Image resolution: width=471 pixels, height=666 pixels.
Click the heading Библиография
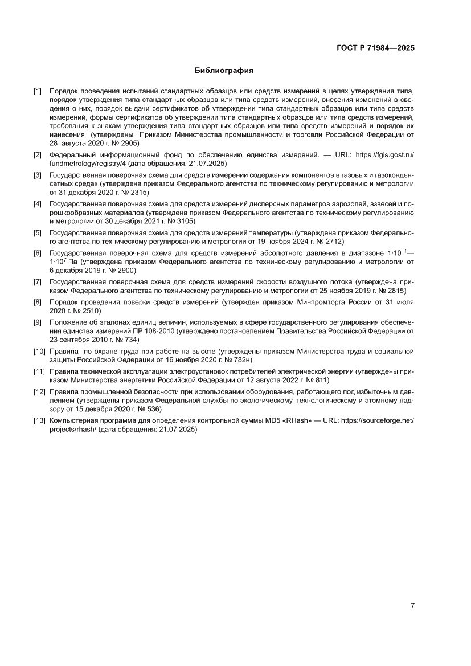click(224, 71)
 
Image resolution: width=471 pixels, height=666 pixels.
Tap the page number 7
click(412, 606)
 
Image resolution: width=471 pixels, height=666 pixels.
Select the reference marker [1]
click(38, 91)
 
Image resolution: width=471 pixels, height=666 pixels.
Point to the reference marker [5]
click(38, 232)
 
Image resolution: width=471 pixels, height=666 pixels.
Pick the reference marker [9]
click(38, 322)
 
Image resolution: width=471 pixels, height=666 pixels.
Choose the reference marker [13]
click(39, 421)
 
